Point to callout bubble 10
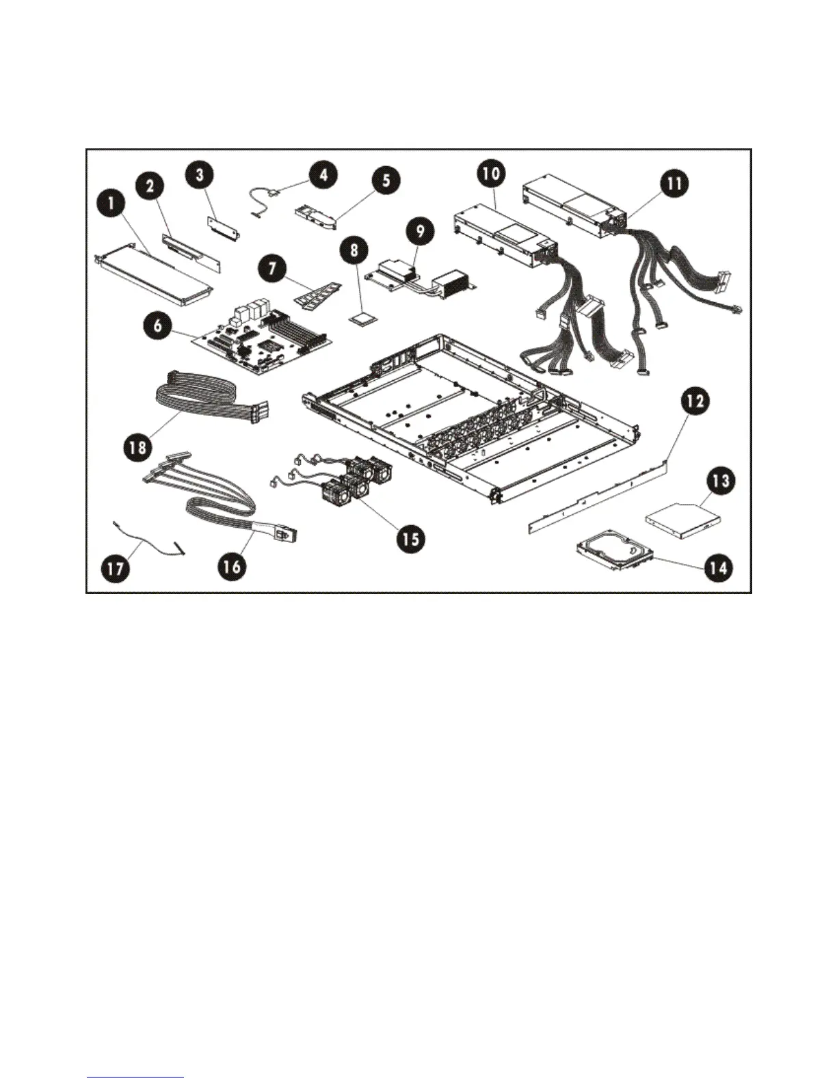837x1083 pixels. tap(490, 173)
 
